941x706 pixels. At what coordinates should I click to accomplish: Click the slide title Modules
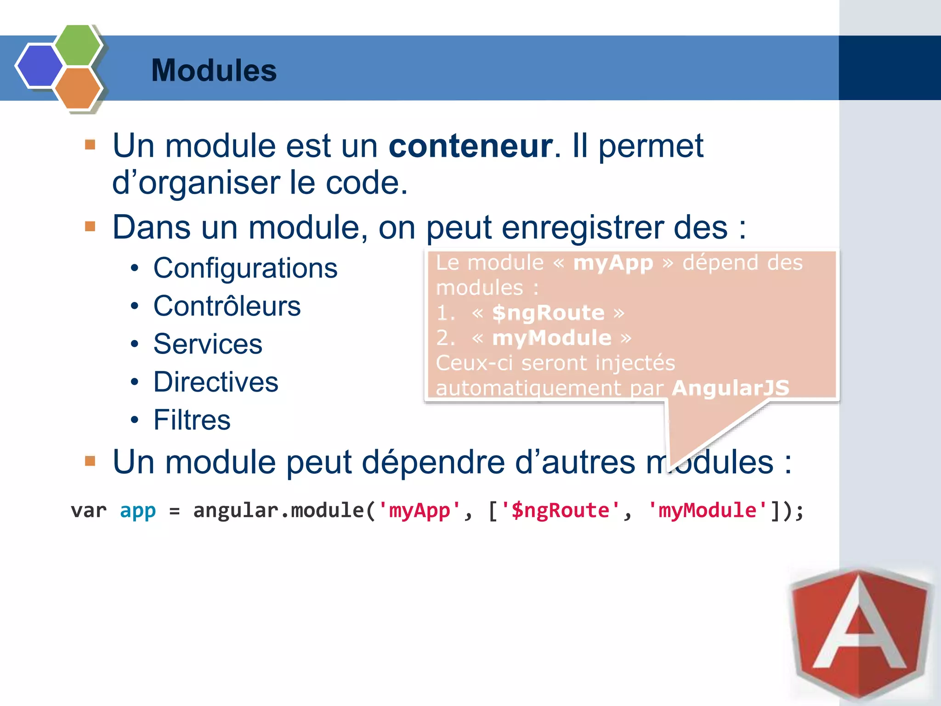[x=214, y=70]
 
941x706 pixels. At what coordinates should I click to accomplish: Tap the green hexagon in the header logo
[x=78, y=45]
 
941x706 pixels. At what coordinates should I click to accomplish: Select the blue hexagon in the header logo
[x=40, y=65]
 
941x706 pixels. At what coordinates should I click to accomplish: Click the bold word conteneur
[x=470, y=146]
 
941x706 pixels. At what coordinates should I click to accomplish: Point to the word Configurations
[x=245, y=268]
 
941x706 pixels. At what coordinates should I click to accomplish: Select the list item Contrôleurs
[x=227, y=306]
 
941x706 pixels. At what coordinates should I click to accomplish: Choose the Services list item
[x=208, y=344]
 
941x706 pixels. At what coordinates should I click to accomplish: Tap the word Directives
[x=216, y=382]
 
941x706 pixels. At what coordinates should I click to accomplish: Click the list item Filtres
[x=192, y=420]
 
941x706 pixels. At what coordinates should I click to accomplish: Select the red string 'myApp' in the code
[x=419, y=511]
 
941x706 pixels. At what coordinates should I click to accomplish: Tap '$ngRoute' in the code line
[x=560, y=511]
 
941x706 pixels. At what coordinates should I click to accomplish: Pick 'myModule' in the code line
[x=707, y=511]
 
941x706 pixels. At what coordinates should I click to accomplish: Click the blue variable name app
[x=138, y=511]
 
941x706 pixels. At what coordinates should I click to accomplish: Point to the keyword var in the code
[x=89, y=511]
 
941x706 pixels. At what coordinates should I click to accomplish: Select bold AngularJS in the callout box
[x=730, y=388]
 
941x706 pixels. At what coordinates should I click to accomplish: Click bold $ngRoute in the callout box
[x=548, y=313]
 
